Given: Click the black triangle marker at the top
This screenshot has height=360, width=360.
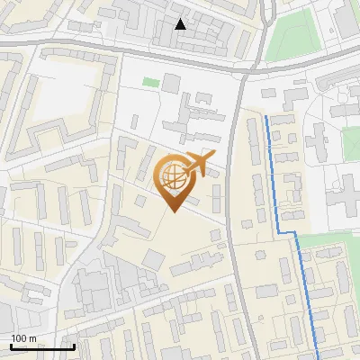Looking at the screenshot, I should [x=181, y=24].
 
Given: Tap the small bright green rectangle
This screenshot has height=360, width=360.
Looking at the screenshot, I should [x=150, y=83].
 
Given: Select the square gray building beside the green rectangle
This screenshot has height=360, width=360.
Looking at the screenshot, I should [x=171, y=84].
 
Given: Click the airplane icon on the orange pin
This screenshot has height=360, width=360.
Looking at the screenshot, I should [x=198, y=165].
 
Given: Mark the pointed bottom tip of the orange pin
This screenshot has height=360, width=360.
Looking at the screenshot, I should [x=174, y=212].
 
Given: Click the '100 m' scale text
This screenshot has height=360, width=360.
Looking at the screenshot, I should [x=23, y=338].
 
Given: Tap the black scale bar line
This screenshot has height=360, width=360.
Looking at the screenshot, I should [x=42, y=347].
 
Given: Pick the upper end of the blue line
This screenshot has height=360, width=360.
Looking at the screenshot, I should [x=266, y=117].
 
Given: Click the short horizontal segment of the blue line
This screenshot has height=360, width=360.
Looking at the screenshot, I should [x=286, y=233].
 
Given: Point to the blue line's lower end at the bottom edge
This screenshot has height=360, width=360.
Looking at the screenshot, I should [x=319, y=356].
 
